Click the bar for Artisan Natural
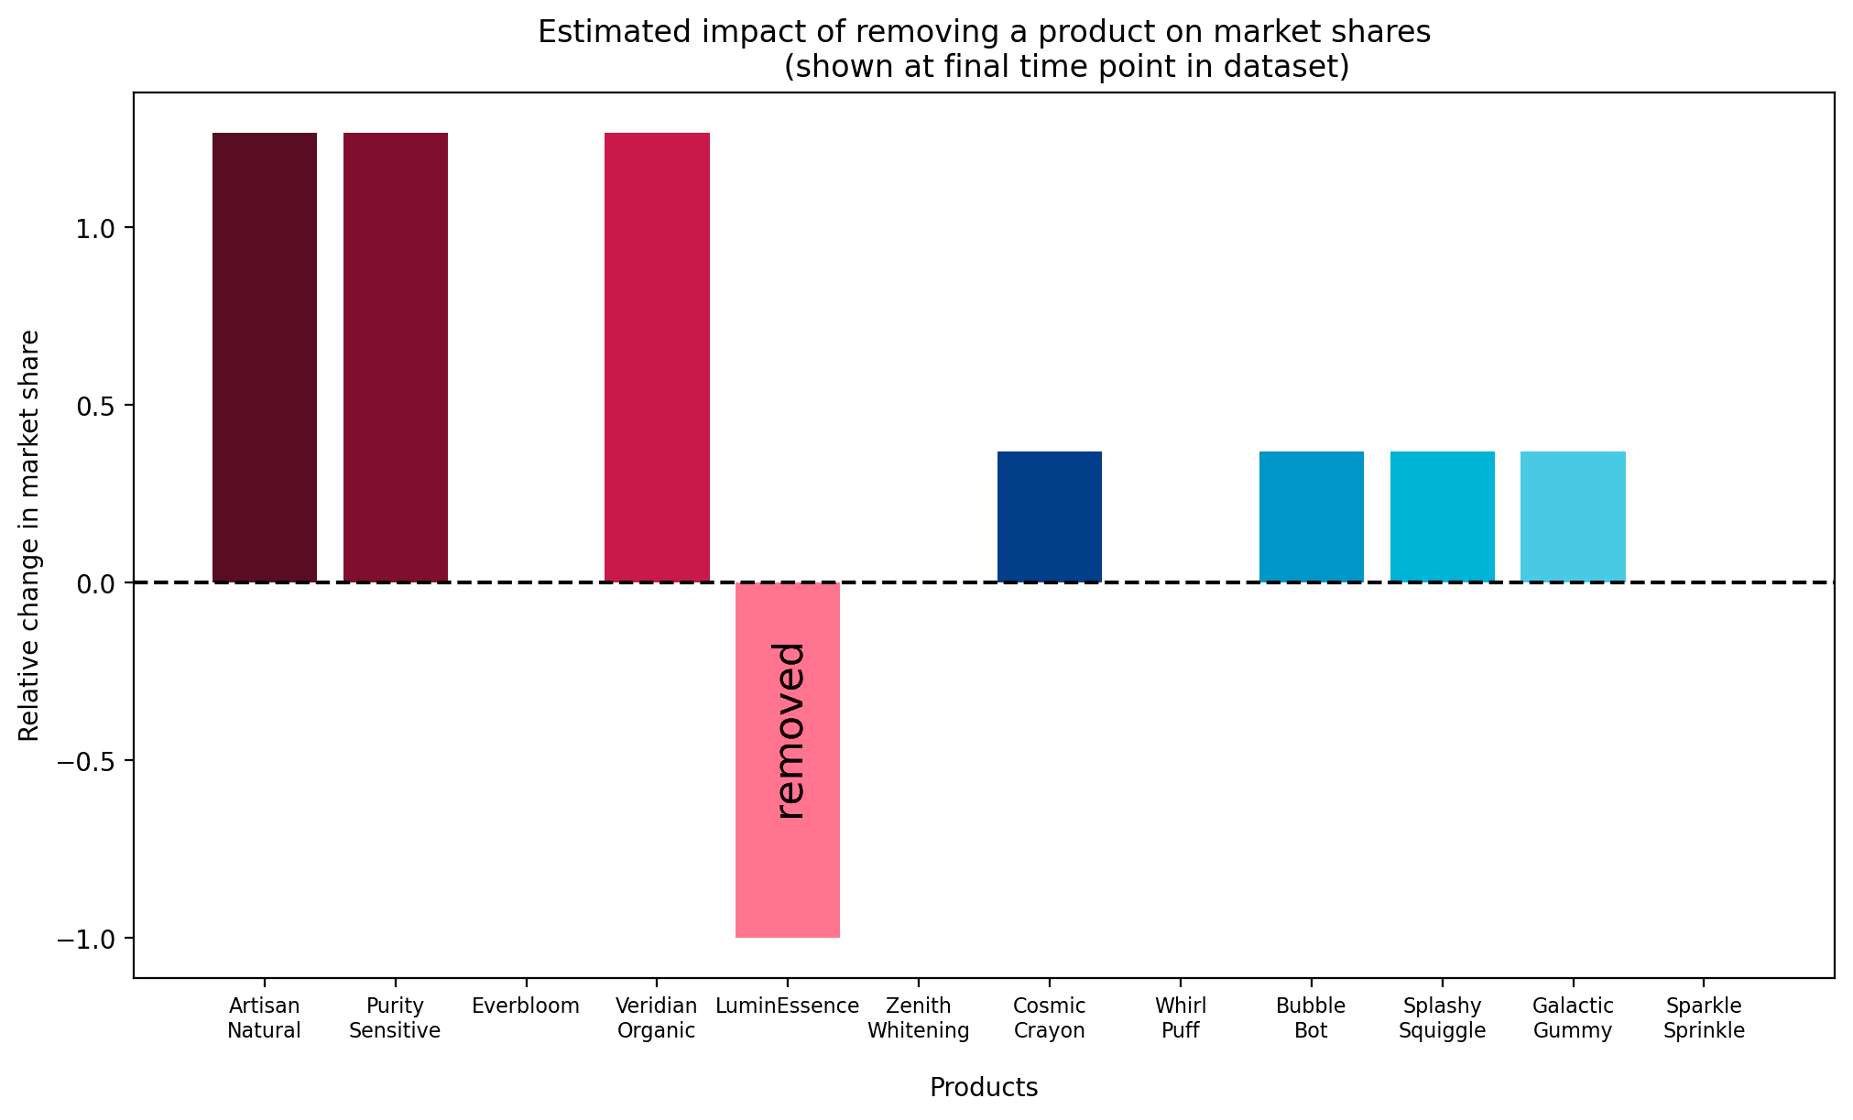(264, 357)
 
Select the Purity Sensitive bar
(395, 357)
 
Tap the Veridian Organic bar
(657, 357)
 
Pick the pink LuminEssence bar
(787, 879)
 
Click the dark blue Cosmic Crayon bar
(1049, 517)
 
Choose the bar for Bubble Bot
(1311, 517)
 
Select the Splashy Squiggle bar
(1442, 517)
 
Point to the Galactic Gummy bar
(1573, 517)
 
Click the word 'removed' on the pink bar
(789, 730)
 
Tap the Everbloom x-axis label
(526, 1006)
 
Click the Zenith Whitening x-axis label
(918, 1018)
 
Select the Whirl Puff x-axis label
(1180, 1018)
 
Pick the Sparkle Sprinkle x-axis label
(1704, 1018)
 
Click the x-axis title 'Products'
(984, 1087)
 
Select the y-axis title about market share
(29, 536)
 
